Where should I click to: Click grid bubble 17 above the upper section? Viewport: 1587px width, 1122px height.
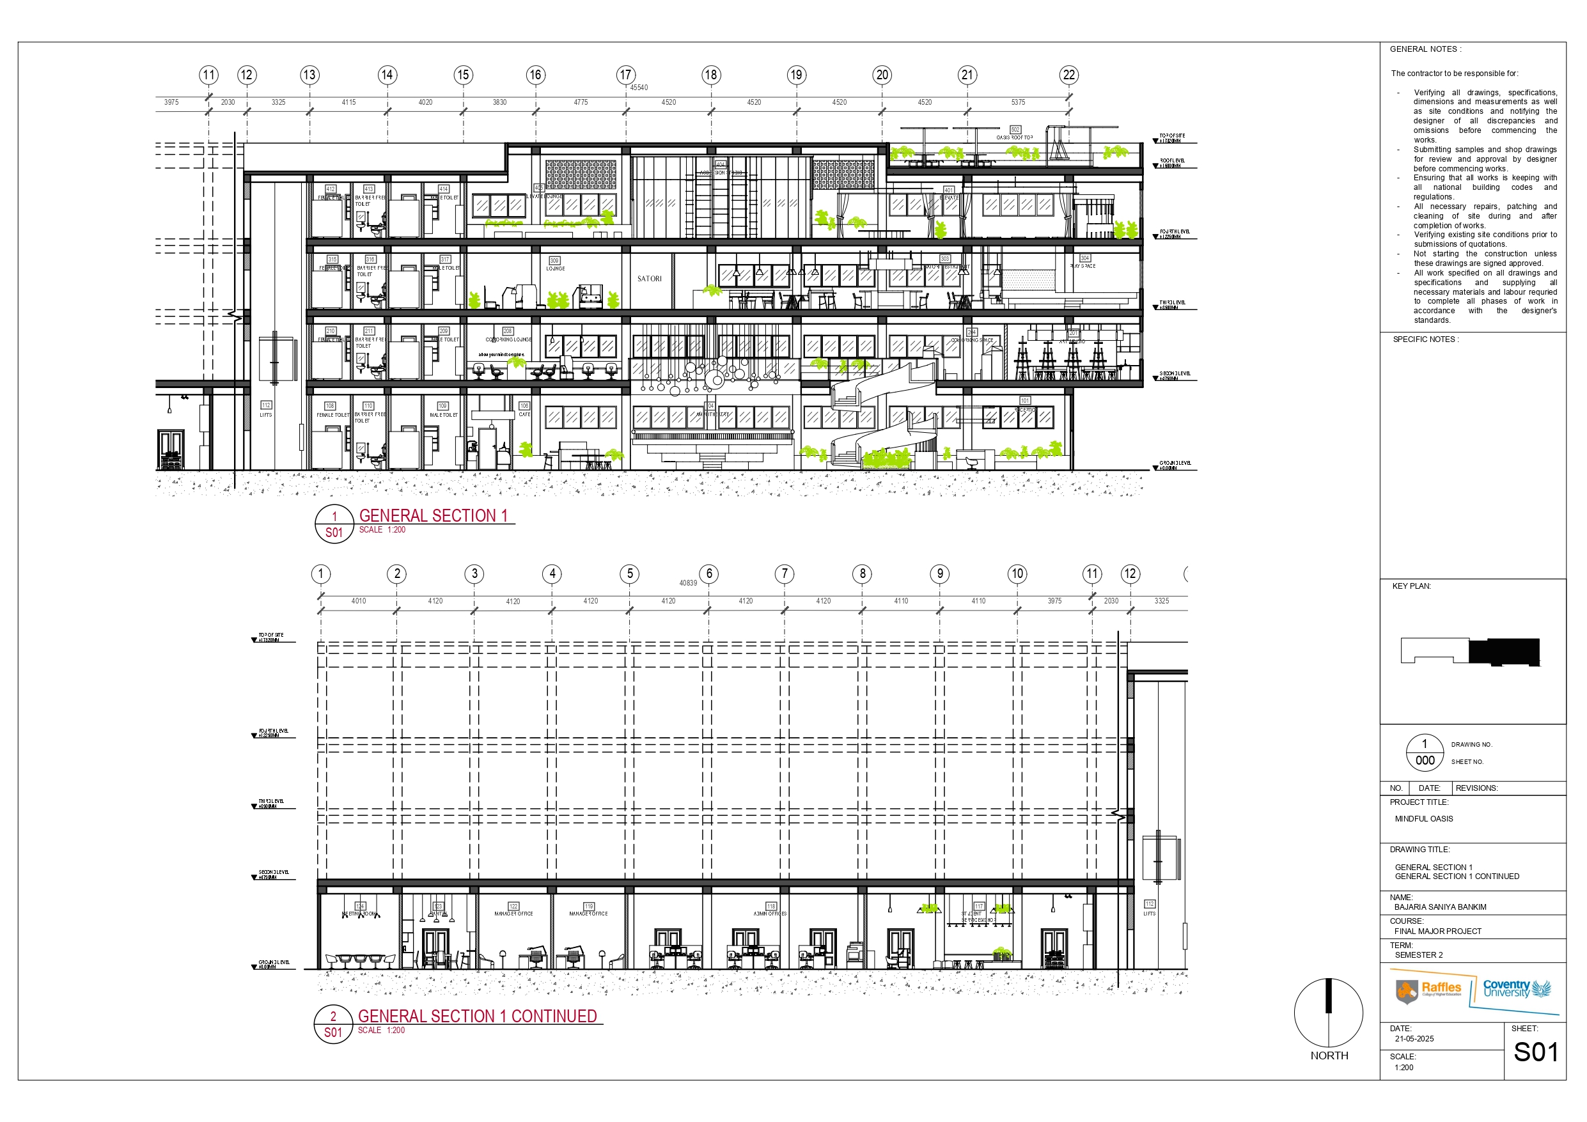click(x=625, y=75)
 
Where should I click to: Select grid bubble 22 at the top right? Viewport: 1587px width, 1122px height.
click(x=1068, y=75)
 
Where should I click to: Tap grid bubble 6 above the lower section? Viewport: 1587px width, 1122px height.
click(x=708, y=574)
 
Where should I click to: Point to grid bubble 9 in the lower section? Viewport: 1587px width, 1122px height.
click(x=939, y=574)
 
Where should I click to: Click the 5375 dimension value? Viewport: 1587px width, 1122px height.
click(x=1018, y=102)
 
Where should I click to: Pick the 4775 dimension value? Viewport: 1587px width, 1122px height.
click(x=581, y=102)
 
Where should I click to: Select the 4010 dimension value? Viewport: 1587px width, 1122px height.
click(x=358, y=601)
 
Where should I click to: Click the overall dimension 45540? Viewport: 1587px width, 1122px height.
click(x=639, y=88)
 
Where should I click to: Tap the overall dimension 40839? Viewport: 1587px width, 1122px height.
click(x=688, y=583)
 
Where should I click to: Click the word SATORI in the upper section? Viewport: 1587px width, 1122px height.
click(x=649, y=279)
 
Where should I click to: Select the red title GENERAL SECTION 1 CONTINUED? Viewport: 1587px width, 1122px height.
click(x=477, y=1017)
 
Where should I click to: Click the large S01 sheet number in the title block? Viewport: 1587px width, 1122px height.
click(x=1536, y=1052)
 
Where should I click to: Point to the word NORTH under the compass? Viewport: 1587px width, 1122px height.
click(x=1329, y=1056)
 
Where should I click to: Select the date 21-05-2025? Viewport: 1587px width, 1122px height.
click(x=1414, y=1039)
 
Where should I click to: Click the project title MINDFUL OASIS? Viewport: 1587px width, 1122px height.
click(x=1424, y=818)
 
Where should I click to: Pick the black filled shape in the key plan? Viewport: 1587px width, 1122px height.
click(x=1504, y=652)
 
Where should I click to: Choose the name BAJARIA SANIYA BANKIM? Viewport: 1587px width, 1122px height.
click(x=1440, y=907)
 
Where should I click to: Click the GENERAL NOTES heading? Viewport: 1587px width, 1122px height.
click(x=1425, y=49)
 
